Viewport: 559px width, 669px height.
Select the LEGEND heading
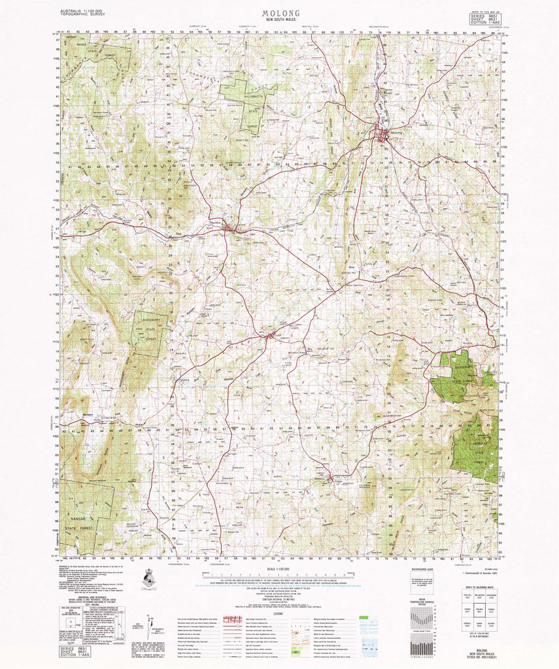[279, 613]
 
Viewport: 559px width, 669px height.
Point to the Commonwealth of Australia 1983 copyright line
[478, 573]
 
